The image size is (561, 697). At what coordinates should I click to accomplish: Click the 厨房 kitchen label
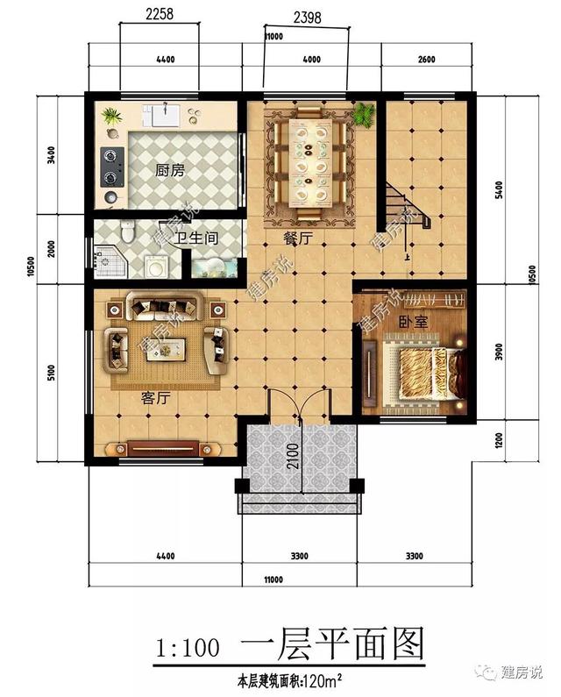[169, 171]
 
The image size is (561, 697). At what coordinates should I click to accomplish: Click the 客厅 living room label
[155, 397]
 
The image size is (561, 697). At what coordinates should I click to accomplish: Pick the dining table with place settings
[312, 161]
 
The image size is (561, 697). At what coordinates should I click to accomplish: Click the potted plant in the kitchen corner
[110, 115]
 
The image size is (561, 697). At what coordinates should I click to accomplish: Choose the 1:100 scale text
[187, 648]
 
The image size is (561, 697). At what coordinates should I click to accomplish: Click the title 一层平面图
[332, 646]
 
